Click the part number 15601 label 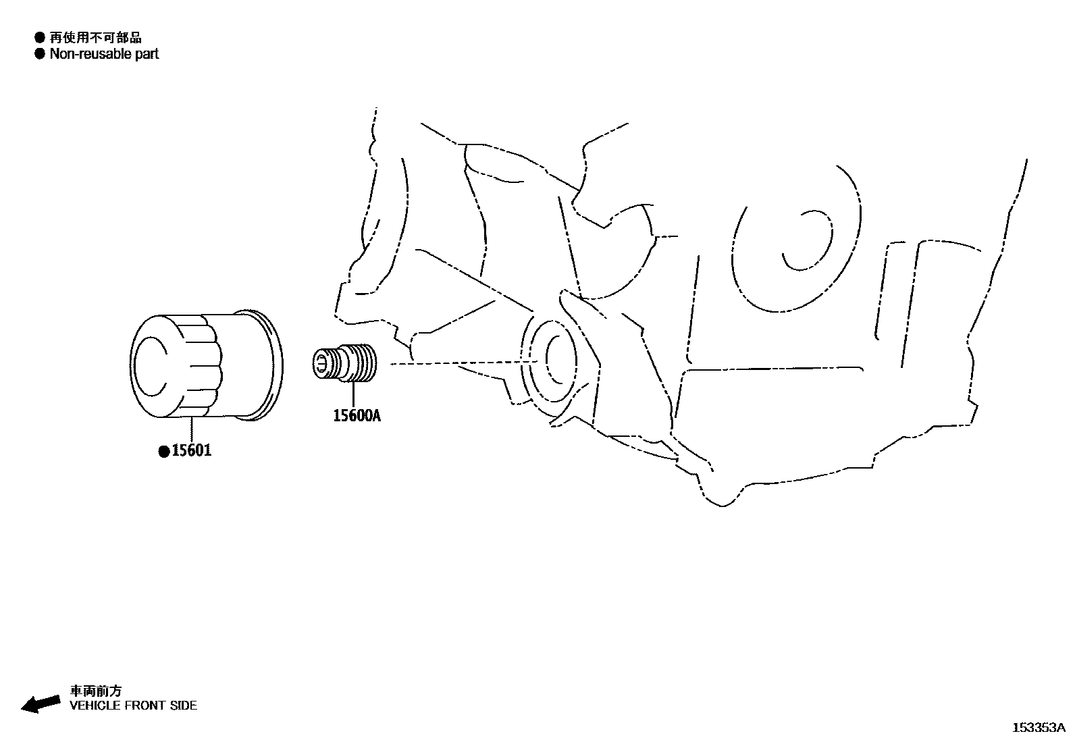pyautogui.click(x=191, y=450)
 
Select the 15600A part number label pyautogui.click(x=357, y=416)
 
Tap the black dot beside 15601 pyautogui.click(x=163, y=452)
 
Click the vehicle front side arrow pyautogui.click(x=40, y=704)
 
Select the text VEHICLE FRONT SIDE pyautogui.click(x=134, y=706)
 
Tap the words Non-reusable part pyautogui.click(x=104, y=54)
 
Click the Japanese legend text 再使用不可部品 pyautogui.click(x=96, y=38)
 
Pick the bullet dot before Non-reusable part pyautogui.click(x=40, y=54)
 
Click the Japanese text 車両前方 pyautogui.click(x=97, y=691)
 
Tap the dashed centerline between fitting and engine pyautogui.click(x=459, y=363)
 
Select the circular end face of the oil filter pyautogui.click(x=154, y=365)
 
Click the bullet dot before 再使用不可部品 pyautogui.click(x=40, y=38)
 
